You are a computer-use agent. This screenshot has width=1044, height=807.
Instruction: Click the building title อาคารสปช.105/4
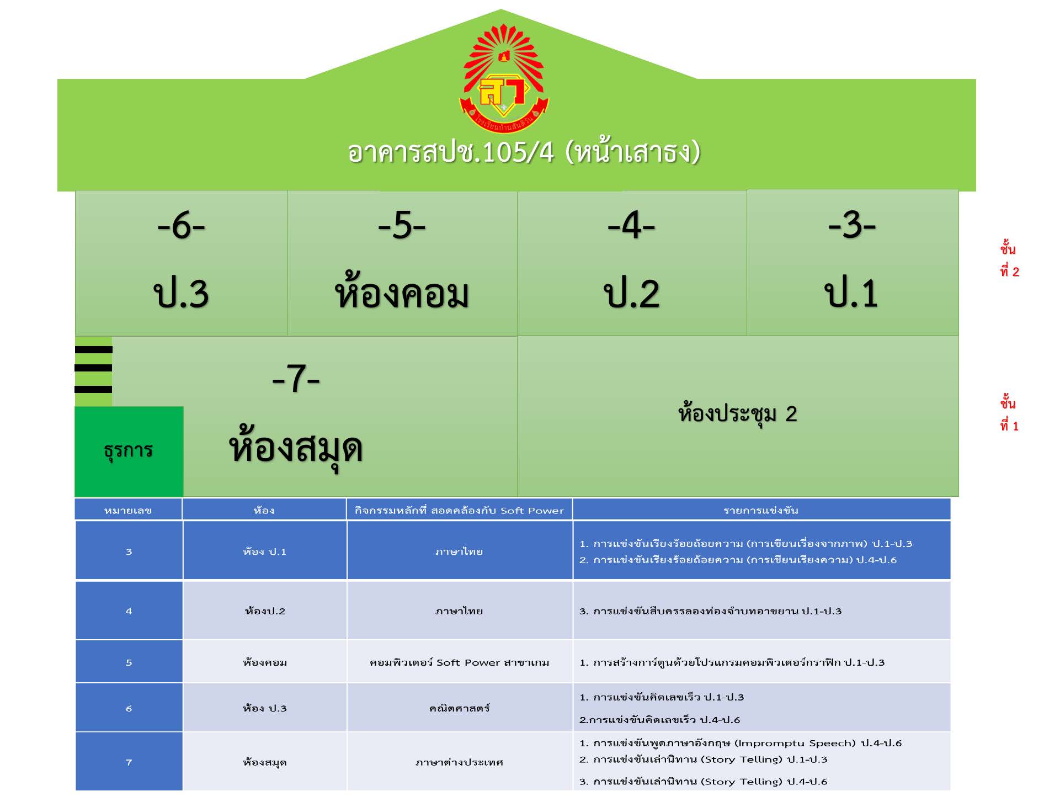click(x=523, y=152)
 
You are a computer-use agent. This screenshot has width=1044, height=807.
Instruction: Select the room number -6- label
click(x=181, y=226)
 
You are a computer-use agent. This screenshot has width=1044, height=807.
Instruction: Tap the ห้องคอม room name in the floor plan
click(x=402, y=294)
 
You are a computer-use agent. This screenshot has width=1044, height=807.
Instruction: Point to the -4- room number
click(x=631, y=226)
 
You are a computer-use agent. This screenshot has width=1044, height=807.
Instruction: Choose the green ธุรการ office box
click(x=129, y=450)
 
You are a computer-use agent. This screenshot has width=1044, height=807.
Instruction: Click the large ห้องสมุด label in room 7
click(x=296, y=448)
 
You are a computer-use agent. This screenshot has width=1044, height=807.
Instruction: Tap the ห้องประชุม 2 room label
click(x=738, y=413)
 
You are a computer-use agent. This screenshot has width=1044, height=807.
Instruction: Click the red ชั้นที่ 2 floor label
click(x=1009, y=260)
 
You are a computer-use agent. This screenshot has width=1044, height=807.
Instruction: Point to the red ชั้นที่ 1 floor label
click(x=1009, y=414)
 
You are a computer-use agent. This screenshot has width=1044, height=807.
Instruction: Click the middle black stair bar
click(x=93, y=368)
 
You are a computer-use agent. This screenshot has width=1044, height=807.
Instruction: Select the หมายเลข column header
click(x=128, y=510)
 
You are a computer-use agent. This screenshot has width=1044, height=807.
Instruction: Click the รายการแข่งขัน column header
click(x=761, y=510)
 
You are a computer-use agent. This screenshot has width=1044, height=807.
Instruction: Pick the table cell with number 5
click(x=129, y=662)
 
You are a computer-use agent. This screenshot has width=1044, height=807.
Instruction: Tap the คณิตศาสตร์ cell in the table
click(x=459, y=708)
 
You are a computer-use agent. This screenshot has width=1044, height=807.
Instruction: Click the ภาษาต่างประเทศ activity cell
click(x=459, y=762)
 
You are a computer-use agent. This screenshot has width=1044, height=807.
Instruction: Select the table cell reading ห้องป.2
click(x=265, y=611)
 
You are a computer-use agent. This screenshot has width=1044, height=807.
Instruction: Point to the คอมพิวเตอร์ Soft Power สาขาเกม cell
click(x=459, y=662)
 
